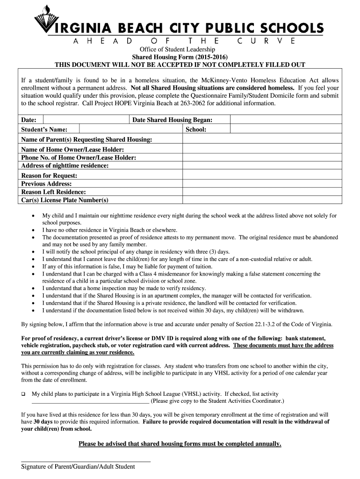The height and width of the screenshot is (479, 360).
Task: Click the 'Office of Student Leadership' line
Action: coord(180,50)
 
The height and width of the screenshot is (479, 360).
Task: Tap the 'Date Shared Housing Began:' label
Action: coord(173,120)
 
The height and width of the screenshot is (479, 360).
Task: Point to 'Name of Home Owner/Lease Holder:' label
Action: coord(72,150)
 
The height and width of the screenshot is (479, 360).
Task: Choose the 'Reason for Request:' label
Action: coord(49,175)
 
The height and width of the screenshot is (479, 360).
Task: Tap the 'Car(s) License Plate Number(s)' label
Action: coord(65,200)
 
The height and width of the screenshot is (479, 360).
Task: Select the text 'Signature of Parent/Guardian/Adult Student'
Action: coord(78,467)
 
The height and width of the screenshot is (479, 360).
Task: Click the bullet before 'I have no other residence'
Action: coord(32,230)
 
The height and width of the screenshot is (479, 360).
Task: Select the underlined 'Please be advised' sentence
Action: coord(180,444)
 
